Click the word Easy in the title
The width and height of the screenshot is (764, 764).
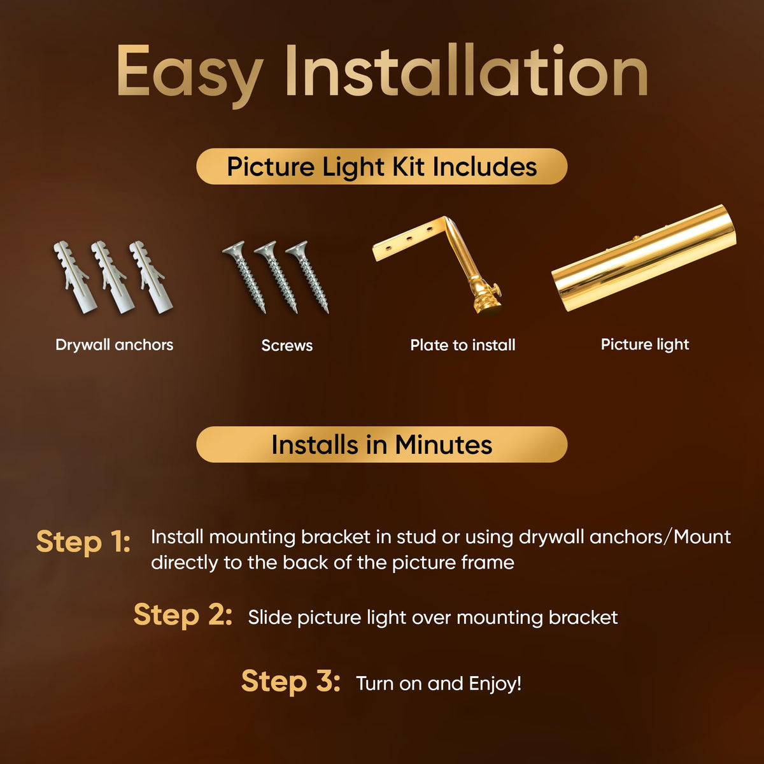[x=190, y=75]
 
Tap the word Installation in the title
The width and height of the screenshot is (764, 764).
[x=466, y=70]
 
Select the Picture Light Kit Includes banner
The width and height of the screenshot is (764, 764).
[x=382, y=166]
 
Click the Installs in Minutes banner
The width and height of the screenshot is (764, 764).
[x=382, y=444]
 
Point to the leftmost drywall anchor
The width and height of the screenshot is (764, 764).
[x=75, y=277]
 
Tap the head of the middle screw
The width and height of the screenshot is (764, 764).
[x=265, y=248]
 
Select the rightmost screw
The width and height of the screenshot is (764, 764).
[x=308, y=277]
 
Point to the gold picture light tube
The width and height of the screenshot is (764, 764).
[x=644, y=258]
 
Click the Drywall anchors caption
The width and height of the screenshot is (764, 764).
[x=114, y=345]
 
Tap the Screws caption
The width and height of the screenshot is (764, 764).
[x=287, y=345]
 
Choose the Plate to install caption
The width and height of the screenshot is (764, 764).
[x=463, y=345]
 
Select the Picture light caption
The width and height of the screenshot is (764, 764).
[x=645, y=345]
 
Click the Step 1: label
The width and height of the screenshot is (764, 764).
[x=83, y=542]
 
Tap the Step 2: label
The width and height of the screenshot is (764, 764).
[x=183, y=615]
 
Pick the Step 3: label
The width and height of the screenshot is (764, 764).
[x=290, y=681]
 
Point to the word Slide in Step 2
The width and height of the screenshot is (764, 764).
[x=270, y=618]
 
